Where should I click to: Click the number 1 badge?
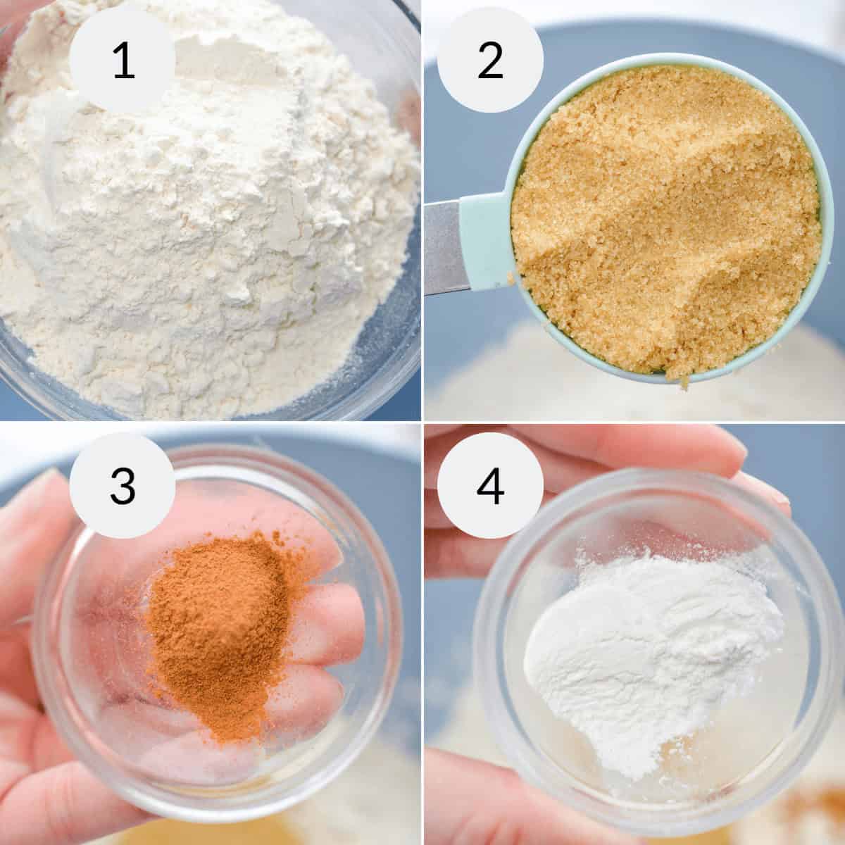click(x=123, y=61)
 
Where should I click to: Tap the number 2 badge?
click(x=490, y=61)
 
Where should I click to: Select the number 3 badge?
click(x=123, y=485)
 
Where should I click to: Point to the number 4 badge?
click(x=490, y=485)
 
